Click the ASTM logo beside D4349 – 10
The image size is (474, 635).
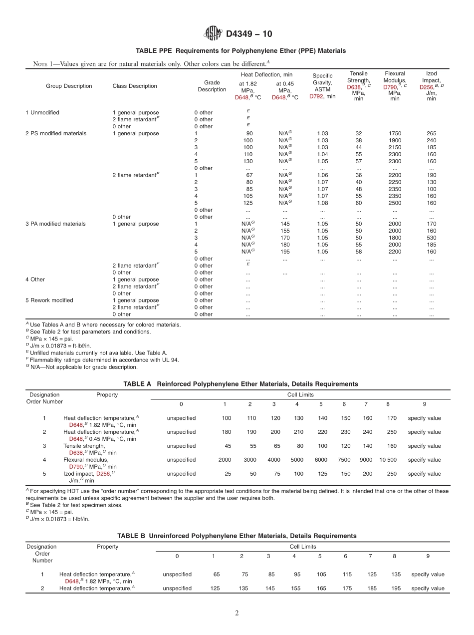pyautogui.click(x=214, y=34)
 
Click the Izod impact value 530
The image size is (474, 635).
pyautogui.click(x=431, y=238)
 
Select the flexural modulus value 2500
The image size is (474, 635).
pyautogui.click(x=395, y=203)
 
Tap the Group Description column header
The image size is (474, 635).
pyautogui.click(x=69, y=86)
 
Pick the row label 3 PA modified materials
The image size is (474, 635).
pyautogui.click(x=55, y=224)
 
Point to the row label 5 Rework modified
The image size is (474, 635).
pyautogui.click(x=49, y=300)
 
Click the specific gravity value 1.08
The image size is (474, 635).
pyautogui.click(x=322, y=203)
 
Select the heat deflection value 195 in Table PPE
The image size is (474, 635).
pyautogui.click(x=285, y=252)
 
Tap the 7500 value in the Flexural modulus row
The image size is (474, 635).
pyautogui.click(x=344, y=460)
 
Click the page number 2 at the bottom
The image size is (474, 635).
pyautogui.click(x=237, y=613)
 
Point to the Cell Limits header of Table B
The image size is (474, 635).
pyautogui.click(x=302, y=547)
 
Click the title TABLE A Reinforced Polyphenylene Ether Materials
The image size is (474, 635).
pyautogui.click(x=240, y=384)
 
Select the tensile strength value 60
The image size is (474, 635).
pyautogui.click(x=358, y=203)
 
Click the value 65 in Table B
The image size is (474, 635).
pyautogui.click(x=217, y=574)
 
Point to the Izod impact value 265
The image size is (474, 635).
pyautogui.click(x=431, y=133)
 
